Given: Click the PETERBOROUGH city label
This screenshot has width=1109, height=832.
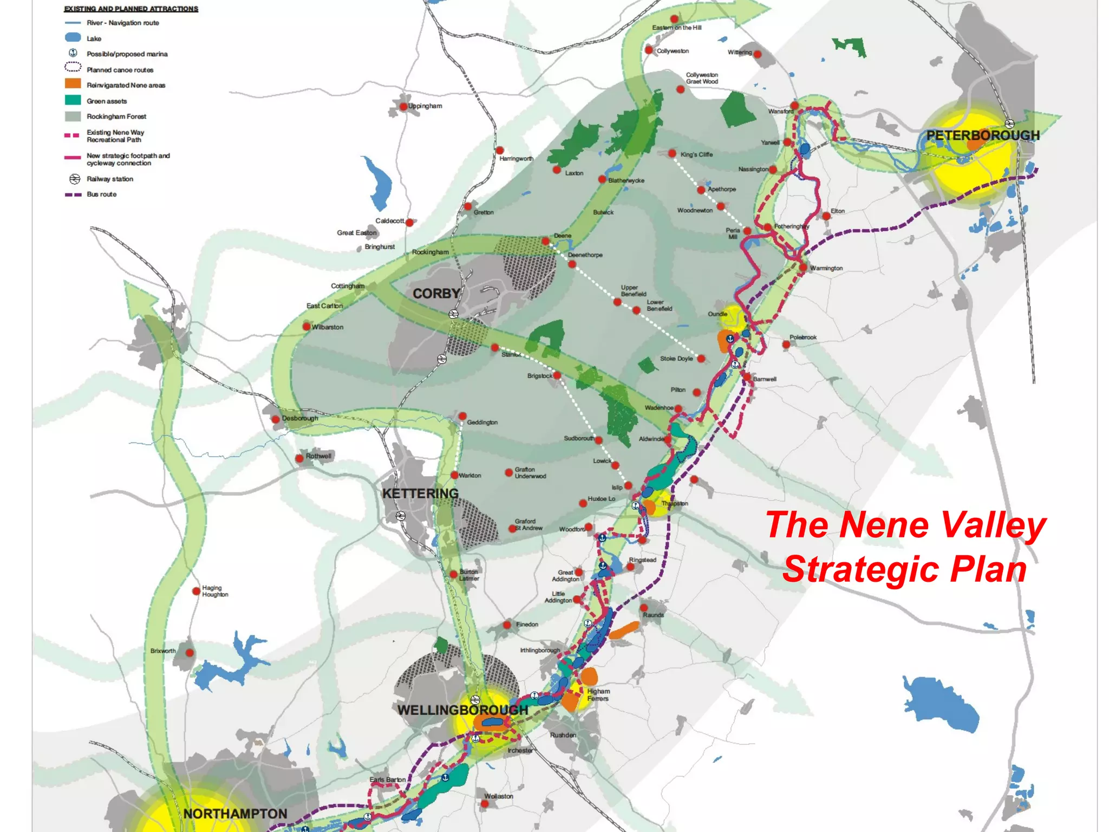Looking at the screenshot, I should tap(982, 135).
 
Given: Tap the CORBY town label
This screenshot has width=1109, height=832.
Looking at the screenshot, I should tap(436, 294).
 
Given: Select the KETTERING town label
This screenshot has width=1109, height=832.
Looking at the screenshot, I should tap(420, 493).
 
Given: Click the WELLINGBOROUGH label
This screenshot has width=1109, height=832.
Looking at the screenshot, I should tap(462, 710).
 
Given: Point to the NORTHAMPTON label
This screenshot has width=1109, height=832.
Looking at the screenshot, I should tap(235, 814).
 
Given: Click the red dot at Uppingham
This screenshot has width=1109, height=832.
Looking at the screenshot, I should tap(403, 107).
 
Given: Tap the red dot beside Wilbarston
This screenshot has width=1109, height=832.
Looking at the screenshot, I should tap(306, 327).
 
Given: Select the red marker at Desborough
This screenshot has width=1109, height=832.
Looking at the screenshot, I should tap(276, 419).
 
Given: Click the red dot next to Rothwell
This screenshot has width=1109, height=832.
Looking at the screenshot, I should tap(299, 458).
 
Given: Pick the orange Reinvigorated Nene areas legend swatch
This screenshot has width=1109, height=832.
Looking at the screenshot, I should tap(73, 84).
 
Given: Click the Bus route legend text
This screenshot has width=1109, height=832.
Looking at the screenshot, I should tap(101, 194).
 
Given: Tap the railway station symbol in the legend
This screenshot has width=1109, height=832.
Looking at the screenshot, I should tap(74, 179).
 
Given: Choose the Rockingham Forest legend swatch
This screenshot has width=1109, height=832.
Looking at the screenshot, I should tap(73, 116).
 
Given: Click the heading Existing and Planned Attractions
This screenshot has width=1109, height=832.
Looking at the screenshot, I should tap(131, 9).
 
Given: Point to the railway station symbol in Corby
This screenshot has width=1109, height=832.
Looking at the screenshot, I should tap(454, 314).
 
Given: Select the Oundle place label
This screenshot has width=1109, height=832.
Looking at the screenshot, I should tap(717, 314).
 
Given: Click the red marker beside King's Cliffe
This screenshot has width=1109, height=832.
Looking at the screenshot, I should tap(672, 154).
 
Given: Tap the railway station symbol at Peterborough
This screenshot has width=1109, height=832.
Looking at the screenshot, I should tap(1009, 123).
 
